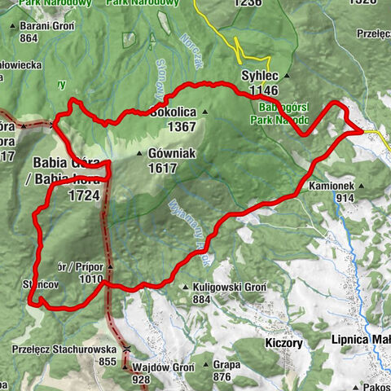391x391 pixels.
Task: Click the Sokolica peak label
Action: pyautogui.click(x=173, y=113)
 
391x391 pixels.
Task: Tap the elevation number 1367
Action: pyautogui.click(x=178, y=127)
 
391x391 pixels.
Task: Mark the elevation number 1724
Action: pyautogui.click(x=84, y=195)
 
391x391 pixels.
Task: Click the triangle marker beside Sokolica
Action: pyautogui.click(x=207, y=112)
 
